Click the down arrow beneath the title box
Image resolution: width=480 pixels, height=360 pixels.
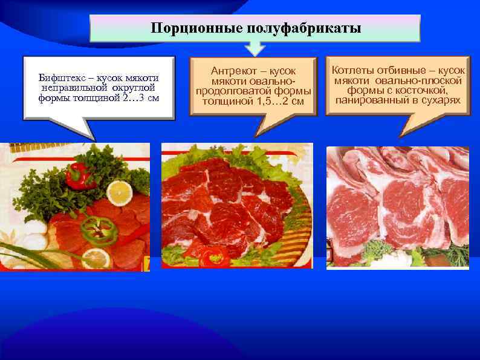255,48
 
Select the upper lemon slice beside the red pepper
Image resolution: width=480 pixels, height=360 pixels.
120,193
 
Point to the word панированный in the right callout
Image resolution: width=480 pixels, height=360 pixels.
366,99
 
